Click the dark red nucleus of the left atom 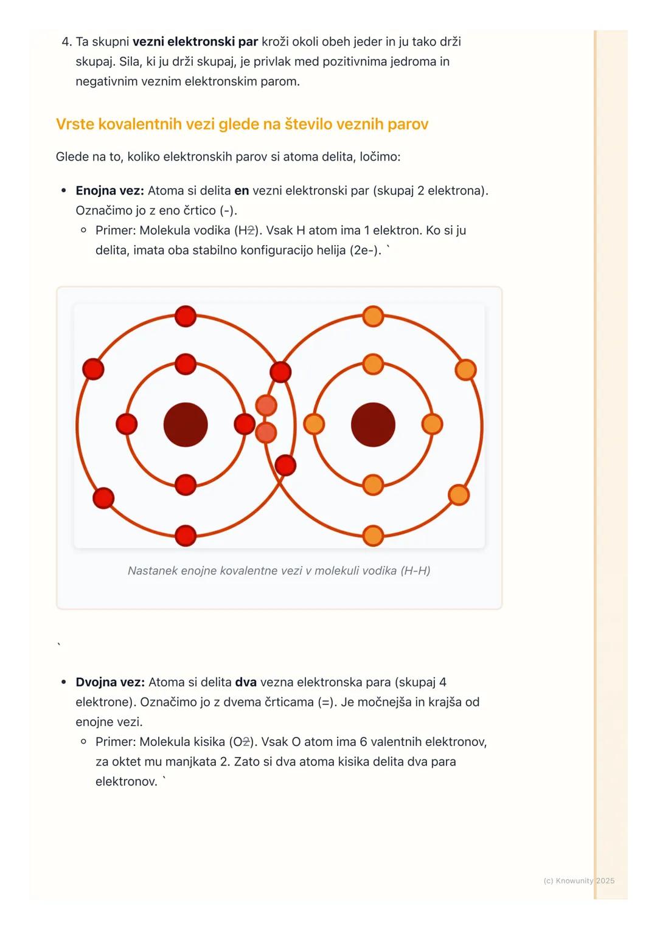coord(186,424)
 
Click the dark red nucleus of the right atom coord(373,424)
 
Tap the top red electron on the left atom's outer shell coord(186,316)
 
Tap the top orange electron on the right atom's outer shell coord(373,316)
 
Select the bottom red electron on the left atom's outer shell coord(186,536)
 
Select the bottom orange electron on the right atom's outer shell coord(373,536)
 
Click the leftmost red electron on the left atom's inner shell coord(127,424)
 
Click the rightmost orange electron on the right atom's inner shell coord(432,424)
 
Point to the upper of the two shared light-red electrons coord(266,405)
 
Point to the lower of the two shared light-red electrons coord(266,432)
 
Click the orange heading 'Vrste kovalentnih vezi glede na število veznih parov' coord(242,124)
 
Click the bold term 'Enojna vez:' coord(109,190)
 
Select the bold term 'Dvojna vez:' coord(110,682)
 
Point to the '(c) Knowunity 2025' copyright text coord(579,880)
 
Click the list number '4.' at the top coord(67,41)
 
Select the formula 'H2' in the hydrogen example coord(246,230)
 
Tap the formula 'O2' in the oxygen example coord(241,742)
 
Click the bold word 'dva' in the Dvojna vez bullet coord(246,682)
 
